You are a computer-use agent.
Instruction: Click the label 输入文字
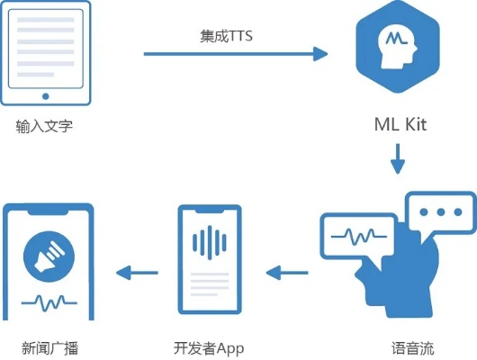coord(43,126)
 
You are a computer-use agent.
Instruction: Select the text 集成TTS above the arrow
coord(226,39)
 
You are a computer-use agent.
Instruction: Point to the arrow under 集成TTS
coord(236,54)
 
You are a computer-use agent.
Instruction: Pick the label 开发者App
coord(209,346)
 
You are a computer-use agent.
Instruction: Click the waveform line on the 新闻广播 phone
coord(49,302)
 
